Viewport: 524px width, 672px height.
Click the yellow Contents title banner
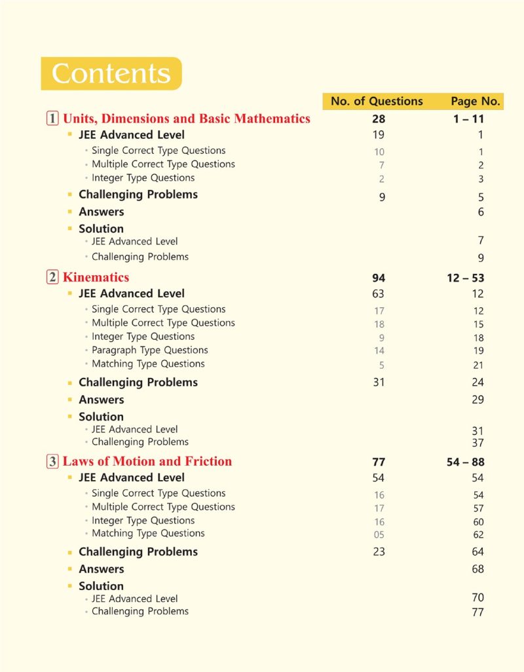pyautogui.click(x=111, y=73)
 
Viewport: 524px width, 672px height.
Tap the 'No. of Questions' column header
pyautogui.click(x=377, y=101)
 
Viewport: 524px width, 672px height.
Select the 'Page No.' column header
pyautogui.click(x=476, y=101)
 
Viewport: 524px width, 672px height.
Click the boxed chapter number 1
pyautogui.click(x=52, y=119)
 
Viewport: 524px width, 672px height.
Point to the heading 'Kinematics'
pyautogui.click(x=96, y=277)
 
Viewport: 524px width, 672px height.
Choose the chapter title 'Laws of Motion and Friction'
pyautogui.click(x=147, y=461)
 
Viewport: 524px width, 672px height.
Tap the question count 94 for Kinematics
pyautogui.click(x=379, y=278)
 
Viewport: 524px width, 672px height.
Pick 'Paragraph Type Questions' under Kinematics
pyautogui.click(x=149, y=350)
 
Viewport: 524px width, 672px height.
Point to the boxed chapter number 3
pyautogui.click(x=52, y=461)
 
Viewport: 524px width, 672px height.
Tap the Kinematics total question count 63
pyautogui.click(x=378, y=294)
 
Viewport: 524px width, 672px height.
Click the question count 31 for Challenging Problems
pyautogui.click(x=379, y=383)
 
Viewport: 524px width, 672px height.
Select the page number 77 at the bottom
pyautogui.click(x=477, y=612)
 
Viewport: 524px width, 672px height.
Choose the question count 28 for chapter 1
pyautogui.click(x=379, y=119)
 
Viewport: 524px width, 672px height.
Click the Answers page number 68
pyautogui.click(x=477, y=569)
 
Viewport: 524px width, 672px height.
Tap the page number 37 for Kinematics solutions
pyautogui.click(x=477, y=443)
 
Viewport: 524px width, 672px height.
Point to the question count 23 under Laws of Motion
pyautogui.click(x=379, y=552)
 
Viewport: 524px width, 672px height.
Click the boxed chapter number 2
pyautogui.click(x=52, y=277)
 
